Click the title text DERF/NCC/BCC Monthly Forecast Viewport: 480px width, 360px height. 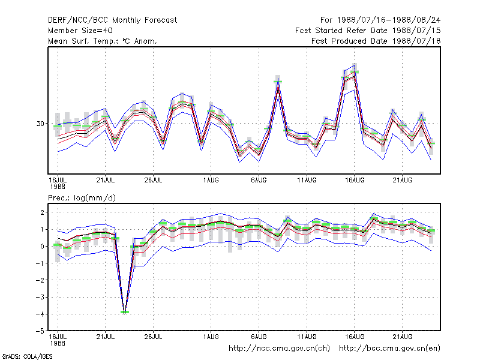(112, 20)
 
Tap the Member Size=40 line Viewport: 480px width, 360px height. (80, 31)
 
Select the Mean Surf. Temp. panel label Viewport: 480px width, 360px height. (102, 41)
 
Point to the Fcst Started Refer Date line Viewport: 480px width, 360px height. (368, 31)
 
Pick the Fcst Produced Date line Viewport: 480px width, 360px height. (376, 41)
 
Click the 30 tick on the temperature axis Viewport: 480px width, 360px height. (40, 124)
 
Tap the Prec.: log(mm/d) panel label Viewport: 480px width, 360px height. (82, 198)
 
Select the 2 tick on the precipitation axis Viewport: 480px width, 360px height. (42, 212)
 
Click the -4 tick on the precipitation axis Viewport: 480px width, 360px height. (40, 314)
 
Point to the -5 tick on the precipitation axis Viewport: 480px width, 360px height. (40, 331)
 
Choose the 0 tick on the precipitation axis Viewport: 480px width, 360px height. (42, 247)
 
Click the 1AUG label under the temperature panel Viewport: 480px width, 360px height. (211, 181)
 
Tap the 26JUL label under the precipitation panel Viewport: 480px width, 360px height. (154, 337)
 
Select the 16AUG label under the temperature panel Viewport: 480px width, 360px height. (355, 181)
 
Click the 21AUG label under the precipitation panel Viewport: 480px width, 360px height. (402, 337)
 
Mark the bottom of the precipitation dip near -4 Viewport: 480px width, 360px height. (125, 313)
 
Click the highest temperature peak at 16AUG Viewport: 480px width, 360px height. (354, 65)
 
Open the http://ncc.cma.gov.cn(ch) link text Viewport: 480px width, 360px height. (279, 349)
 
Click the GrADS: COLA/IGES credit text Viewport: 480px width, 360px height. (27, 356)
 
